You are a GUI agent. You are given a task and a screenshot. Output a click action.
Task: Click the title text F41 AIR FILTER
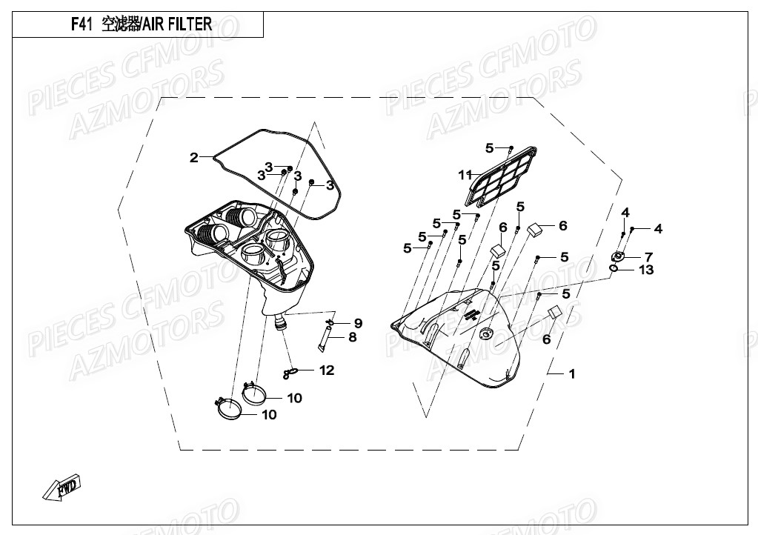click(141, 24)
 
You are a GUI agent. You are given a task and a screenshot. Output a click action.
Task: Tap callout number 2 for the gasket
click(194, 157)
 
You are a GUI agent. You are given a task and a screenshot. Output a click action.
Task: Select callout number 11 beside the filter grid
click(465, 175)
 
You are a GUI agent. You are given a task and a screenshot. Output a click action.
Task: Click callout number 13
click(647, 270)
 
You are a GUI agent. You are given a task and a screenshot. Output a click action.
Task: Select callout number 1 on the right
click(571, 373)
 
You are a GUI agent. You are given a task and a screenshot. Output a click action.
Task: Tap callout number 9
click(357, 323)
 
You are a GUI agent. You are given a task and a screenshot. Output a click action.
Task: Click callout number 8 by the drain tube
click(353, 337)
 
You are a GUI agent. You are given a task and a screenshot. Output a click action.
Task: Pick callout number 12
click(327, 370)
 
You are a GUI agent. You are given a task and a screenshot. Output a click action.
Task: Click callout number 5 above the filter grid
click(489, 147)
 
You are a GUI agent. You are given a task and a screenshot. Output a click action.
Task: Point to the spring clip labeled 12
click(292, 372)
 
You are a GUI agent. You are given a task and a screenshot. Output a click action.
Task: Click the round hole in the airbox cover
click(487, 336)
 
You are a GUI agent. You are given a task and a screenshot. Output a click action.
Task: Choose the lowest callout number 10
click(269, 414)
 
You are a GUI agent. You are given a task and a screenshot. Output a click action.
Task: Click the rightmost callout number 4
click(658, 228)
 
